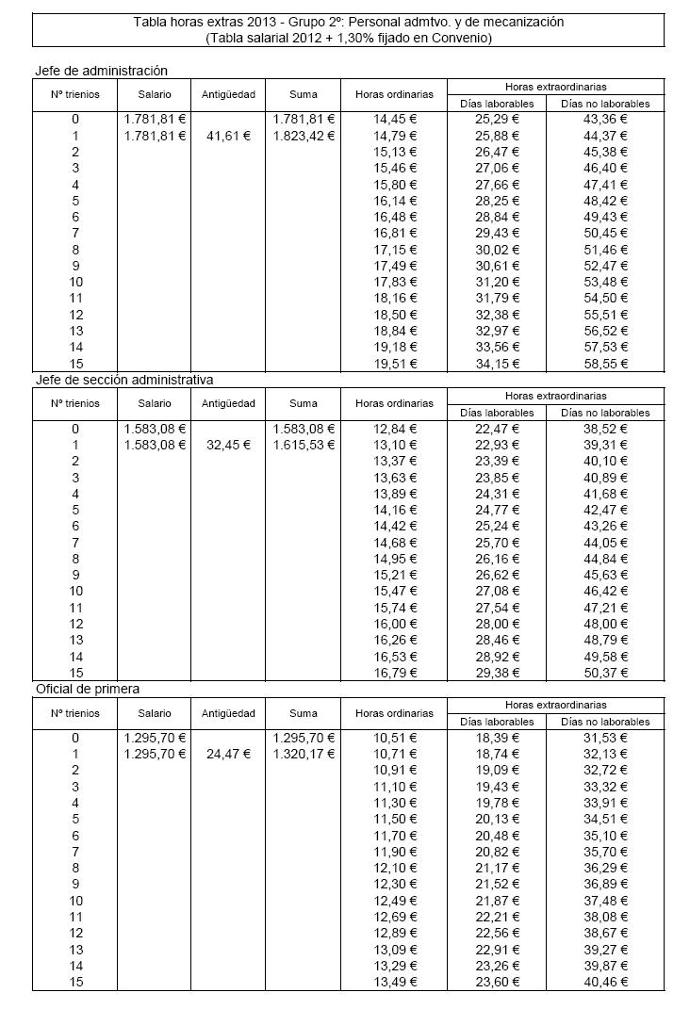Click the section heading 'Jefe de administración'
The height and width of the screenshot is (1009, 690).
pyautogui.click(x=101, y=71)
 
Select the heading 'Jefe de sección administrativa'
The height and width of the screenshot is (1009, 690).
pyautogui.click(x=123, y=380)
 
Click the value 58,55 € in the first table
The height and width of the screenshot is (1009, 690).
pyautogui.click(x=605, y=363)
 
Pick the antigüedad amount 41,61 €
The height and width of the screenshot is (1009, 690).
pyautogui.click(x=228, y=136)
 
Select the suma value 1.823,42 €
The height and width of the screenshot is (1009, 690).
pyautogui.click(x=304, y=136)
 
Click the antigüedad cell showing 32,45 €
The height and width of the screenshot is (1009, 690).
pyautogui.click(x=228, y=445)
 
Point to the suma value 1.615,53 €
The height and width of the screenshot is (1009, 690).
pyautogui.click(x=304, y=445)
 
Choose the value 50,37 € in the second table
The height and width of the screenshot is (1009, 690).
pyautogui.click(x=605, y=672)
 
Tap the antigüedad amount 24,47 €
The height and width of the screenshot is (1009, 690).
pyautogui.click(x=228, y=754)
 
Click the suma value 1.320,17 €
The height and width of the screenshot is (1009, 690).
pyautogui.click(x=304, y=754)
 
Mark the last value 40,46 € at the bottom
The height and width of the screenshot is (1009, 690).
pyautogui.click(x=605, y=982)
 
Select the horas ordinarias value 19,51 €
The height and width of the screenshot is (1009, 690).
pyautogui.click(x=395, y=363)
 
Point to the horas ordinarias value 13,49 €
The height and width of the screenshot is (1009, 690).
pyautogui.click(x=395, y=982)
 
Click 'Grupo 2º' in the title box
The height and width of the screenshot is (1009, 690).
pyautogui.click(x=304, y=22)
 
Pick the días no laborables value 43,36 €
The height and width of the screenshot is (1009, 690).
pyautogui.click(x=605, y=120)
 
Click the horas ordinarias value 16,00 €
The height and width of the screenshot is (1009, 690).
pyautogui.click(x=395, y=624)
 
